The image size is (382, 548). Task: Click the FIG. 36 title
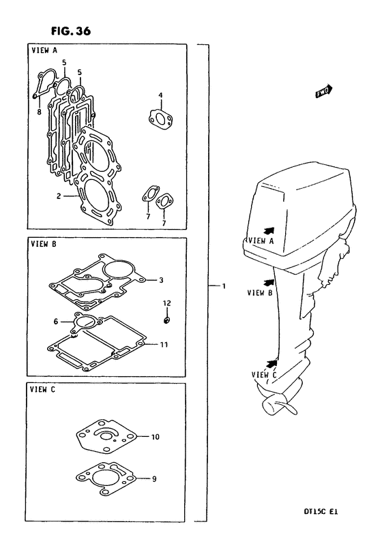[x=71, y=31]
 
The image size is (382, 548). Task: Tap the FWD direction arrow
[x=323, y=91]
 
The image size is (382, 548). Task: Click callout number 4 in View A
[x=160, y=95]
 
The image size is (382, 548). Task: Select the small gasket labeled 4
[x=161, y=118]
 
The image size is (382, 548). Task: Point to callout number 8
[x=39, y=112]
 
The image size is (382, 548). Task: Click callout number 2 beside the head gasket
[x=59, y=196]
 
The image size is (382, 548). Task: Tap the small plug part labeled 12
[x=167, y=320]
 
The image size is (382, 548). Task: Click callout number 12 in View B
[x=167, y=303]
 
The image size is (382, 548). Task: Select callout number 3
[x=161, y=280]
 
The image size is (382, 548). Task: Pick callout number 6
[x=56, y=321]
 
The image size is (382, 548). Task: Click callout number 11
[x=164, y=345]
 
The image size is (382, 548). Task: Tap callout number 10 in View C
[x=155, y=436]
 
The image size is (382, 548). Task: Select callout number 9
[x=154, y=478]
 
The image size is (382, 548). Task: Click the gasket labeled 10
[x=106, y=436]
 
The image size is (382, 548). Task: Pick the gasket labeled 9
[x=106, y=478]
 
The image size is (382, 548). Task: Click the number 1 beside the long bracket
[x=224, y=286]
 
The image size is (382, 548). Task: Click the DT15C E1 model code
[x=321, y=512]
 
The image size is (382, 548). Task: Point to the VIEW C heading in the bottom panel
[x=42, y=389]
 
